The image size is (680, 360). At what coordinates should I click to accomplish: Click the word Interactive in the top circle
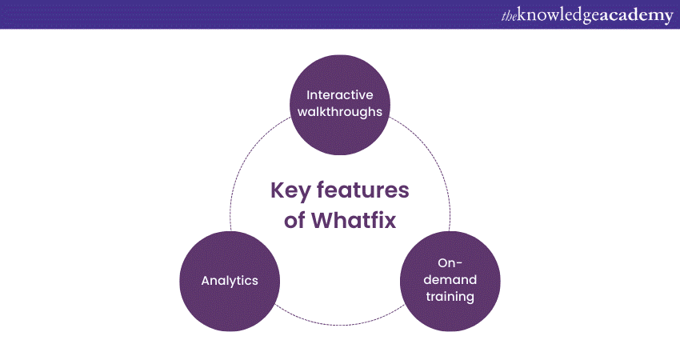pos(340,94)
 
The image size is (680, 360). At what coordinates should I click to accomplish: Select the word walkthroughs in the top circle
pos(340,111)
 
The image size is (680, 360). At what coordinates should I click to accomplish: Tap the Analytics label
pos(230,281)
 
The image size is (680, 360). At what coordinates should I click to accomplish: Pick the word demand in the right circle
pos(450,280)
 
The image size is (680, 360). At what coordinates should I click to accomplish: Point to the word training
pos(450,297)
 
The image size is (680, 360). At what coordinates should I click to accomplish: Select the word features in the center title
pos(366,191)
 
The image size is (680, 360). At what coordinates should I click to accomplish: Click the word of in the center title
pos(294,220)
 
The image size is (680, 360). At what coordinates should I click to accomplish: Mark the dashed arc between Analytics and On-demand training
pos(340,323)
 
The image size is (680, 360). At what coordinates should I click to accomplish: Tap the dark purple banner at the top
pos(240,14)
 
